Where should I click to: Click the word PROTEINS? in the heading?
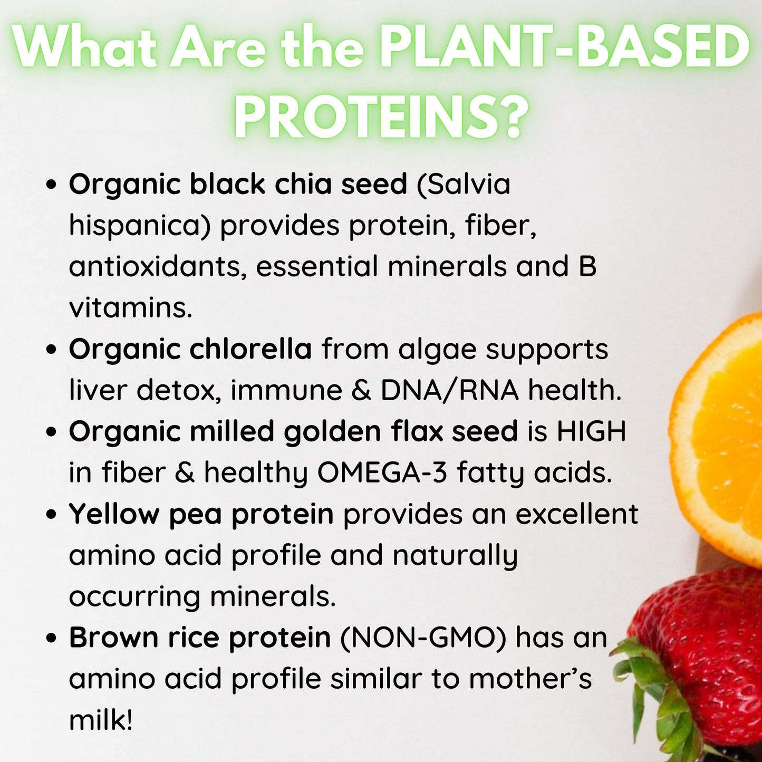(x=381, y=115)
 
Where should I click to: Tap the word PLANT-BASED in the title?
(x=565, y=46)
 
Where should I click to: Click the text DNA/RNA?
(x=450, y=390)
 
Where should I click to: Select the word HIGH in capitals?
(x=592, y=431)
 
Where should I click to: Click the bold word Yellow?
(x=114, y=514)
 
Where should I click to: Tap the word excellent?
(x=577, y=514)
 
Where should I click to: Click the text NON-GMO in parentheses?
(x=423, y=638)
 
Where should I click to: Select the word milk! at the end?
(x=100, y=720)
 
